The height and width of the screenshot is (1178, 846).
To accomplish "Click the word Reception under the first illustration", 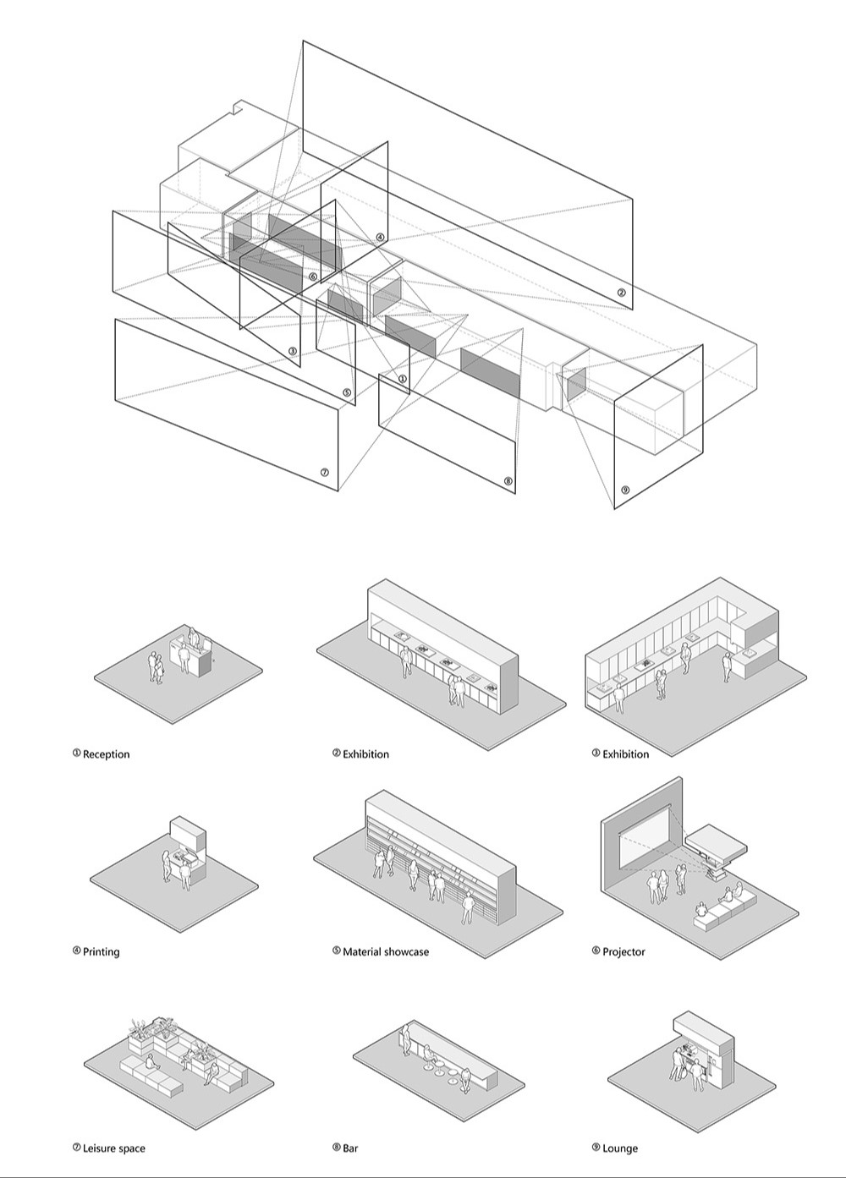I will pyautogui.click(x=106, y=754).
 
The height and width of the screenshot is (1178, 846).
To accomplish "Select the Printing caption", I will pyautogui.click(x=101, y=952).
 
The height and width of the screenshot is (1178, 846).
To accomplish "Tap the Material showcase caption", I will pyautogui.click(x=385, y=952).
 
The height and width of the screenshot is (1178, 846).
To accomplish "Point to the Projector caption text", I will pyautogui.click(x=624, y=952).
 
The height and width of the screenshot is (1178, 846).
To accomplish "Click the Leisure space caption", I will pyautogui.click(x=113, y=1148).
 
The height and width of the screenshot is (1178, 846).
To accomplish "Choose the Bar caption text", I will pyautogui.click(x=350, y=1148).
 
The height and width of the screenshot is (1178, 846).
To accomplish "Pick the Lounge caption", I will pyautogui.click(x=620, y=1148).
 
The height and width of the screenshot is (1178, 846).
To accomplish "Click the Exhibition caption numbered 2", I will pyautogui.click(x=365, y=754).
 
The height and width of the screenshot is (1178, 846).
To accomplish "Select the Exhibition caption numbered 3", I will pyautogui.click(x=625, y=754).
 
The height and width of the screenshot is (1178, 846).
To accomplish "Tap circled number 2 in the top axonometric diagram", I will pyautogui.click(x=621, y=293).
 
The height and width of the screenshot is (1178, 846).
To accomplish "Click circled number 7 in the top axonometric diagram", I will pyautogui.click(x=324, y=473).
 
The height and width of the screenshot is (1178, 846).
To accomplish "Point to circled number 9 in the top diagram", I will pyautogui.click(x=625, y=490).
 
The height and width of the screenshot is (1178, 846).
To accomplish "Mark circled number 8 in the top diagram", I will pyautogui.click(x=508, y=481).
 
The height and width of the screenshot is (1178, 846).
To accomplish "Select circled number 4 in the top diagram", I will pyautogui.click(x=381, y=238).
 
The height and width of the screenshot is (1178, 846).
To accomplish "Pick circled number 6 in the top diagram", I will pyautogui.click(x=313, y=277).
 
